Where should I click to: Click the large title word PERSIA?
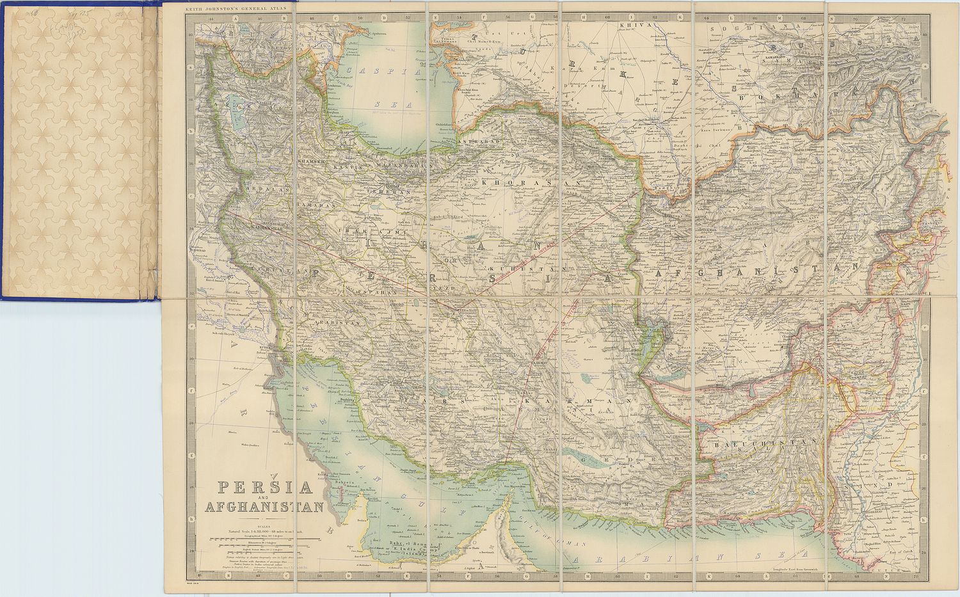tap(266, 489)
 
